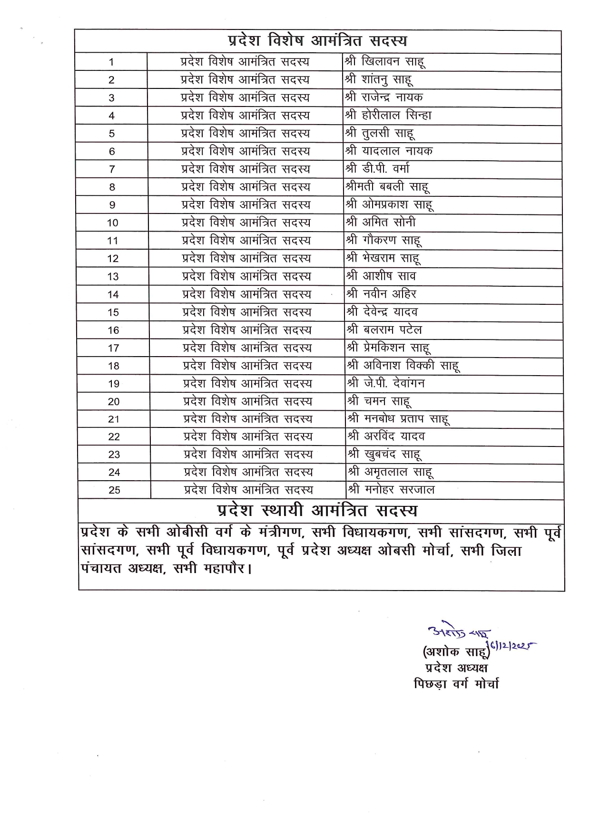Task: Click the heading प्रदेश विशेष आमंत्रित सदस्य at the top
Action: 317,41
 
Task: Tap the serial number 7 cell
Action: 112,169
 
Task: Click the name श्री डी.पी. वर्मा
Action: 377,169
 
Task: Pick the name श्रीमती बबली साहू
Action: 387,187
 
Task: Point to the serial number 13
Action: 113,277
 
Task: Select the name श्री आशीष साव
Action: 381,276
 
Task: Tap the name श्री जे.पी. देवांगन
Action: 386,383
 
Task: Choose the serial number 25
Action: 114,490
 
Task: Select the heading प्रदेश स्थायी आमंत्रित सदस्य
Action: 317,511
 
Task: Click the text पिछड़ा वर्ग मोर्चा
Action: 456,684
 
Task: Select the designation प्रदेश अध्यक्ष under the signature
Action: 456,668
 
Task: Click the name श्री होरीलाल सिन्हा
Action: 388,116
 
